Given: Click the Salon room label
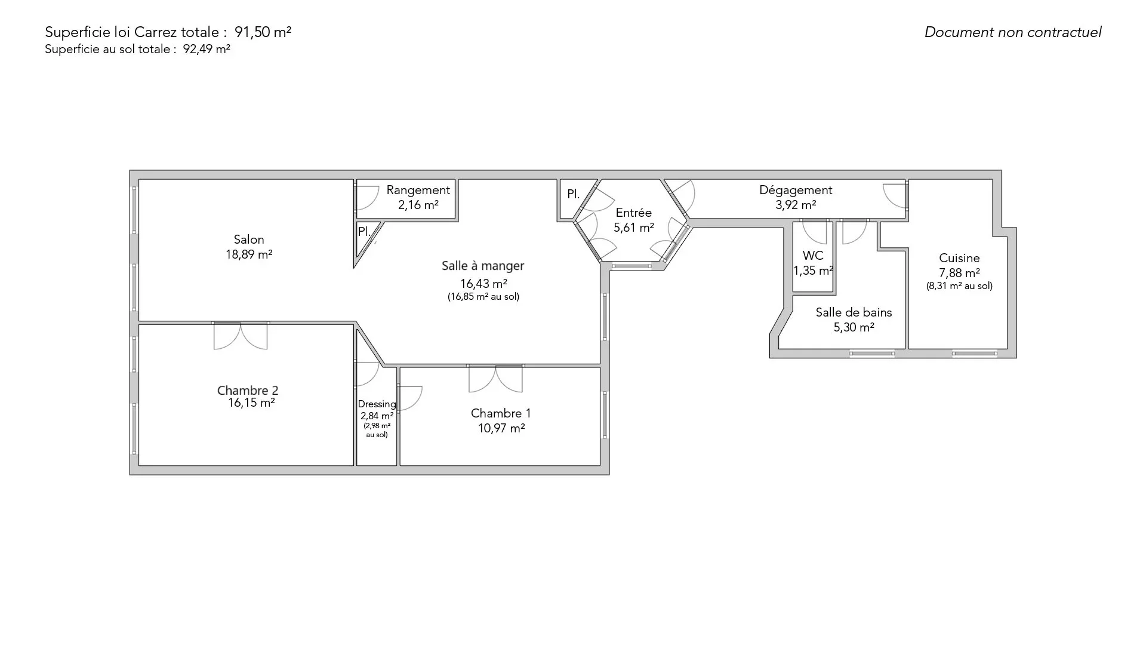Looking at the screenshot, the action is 249,239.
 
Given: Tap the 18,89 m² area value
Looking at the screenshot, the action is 249,254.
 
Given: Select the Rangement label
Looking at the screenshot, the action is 418,191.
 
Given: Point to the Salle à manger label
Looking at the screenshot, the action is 483,266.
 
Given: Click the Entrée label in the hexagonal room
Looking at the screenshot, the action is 634,213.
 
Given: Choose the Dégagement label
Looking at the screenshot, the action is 796,191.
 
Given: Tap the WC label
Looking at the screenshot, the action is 813,256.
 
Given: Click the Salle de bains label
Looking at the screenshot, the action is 854,312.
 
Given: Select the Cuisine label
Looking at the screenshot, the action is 959,258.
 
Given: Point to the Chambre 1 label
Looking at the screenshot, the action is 501,413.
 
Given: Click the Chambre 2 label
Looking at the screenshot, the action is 248,391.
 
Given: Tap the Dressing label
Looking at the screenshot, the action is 377,404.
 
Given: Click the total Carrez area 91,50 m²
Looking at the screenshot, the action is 263,32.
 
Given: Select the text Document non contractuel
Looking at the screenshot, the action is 1013,32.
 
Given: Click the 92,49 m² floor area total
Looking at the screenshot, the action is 207,50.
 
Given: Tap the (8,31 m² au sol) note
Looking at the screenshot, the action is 959,286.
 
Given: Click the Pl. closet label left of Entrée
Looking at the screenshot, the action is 573,194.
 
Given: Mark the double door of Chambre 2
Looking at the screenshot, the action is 241,336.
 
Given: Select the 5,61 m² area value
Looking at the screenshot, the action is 634,228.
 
